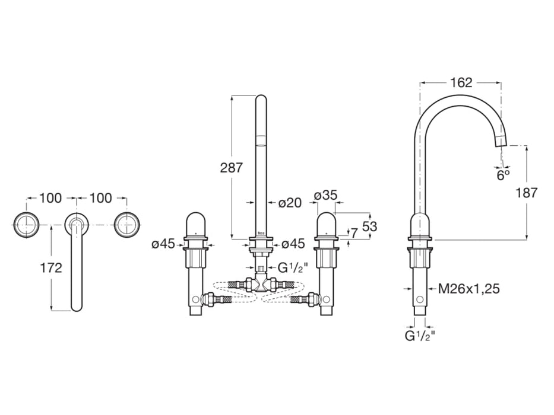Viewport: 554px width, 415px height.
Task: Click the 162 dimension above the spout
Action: point(461,83)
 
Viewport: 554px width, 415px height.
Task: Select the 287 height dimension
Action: point(231,168)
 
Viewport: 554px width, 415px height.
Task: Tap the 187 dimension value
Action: point(525,193)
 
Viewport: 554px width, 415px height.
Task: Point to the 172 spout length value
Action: point(51,267)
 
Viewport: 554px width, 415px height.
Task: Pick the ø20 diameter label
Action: point(290,203)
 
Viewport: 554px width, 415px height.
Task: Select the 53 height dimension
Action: point(369,226)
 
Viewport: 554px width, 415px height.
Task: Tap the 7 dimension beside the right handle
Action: point(354,233)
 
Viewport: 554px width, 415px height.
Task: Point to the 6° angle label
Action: point(503,175)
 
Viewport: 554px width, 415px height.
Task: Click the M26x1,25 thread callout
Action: point(468,289)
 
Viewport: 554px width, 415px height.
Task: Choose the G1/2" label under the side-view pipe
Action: point(420,336)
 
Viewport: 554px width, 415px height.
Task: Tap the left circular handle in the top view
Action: point(26,224)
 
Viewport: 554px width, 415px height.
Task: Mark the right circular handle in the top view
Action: point(126,224)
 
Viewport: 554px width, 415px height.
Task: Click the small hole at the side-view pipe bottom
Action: point(420,301)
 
